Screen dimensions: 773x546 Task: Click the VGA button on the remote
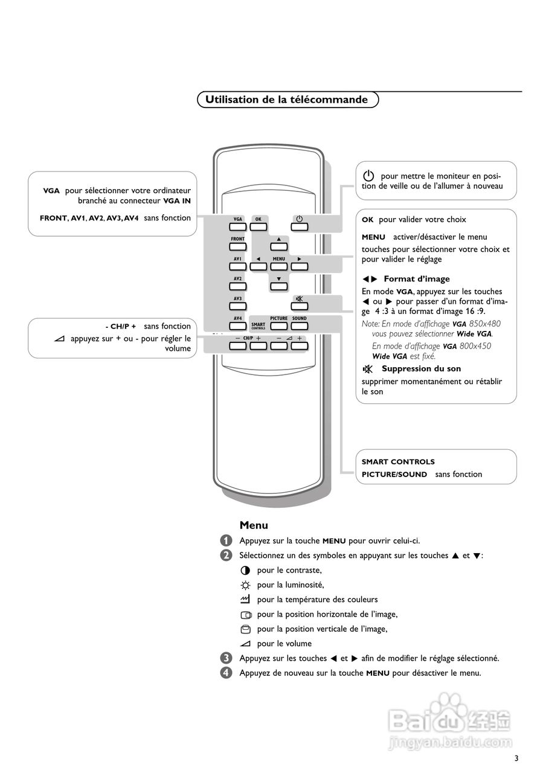coord(238,227)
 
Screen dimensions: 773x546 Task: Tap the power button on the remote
coord(298,227)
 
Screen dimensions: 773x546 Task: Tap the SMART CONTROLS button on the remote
coord(258,326)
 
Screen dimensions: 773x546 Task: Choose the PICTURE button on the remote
coord(278,326)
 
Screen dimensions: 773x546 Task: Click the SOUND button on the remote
coord(299,326)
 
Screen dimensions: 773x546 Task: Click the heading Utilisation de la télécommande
coord(287,100)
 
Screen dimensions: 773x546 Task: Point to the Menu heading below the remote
coord(254,525)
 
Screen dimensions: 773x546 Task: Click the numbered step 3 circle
coord(226,658)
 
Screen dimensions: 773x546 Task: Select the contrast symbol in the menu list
coord(245,570)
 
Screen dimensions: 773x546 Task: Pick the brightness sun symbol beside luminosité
coord(245,585)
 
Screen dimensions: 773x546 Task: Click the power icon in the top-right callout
coord(369,176)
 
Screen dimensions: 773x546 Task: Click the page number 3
coord(516,759)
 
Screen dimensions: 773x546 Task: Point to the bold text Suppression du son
coord(421,368)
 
